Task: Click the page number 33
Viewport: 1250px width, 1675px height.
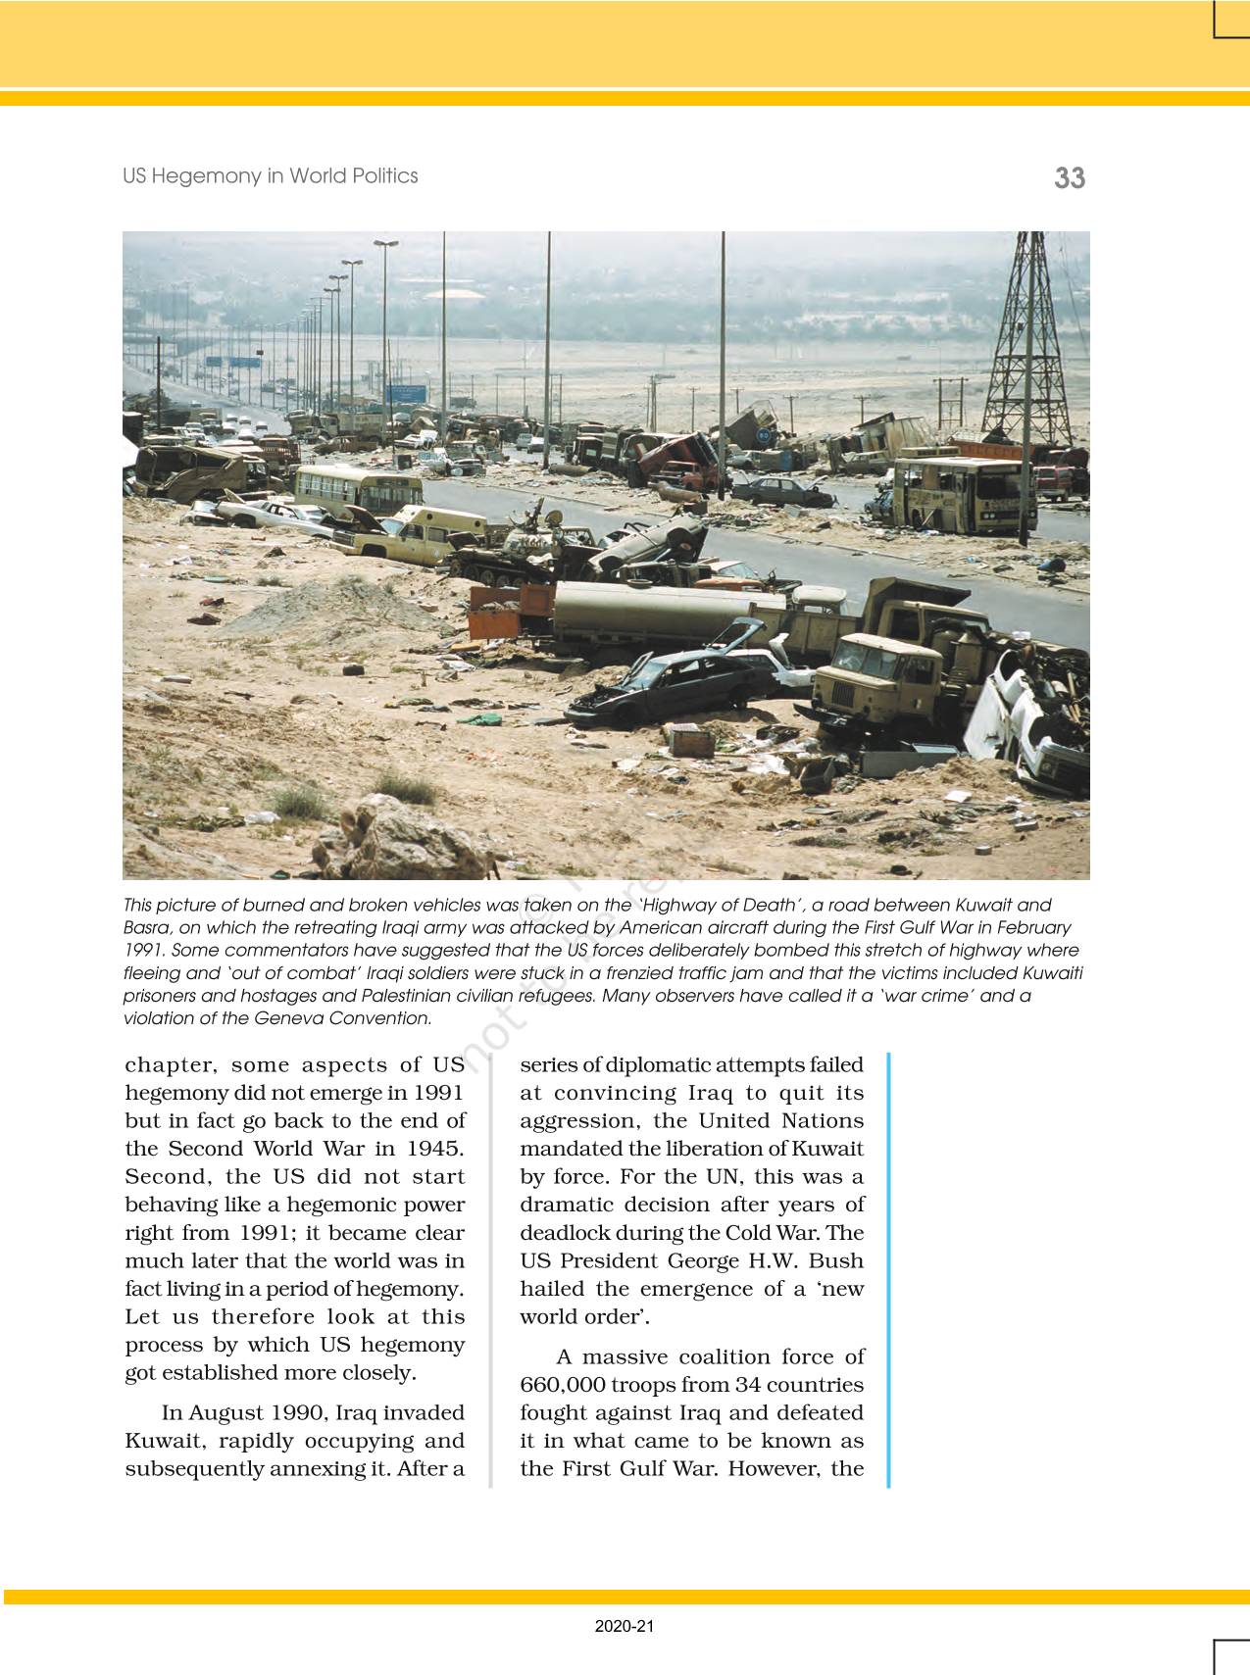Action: tap(1070, 178)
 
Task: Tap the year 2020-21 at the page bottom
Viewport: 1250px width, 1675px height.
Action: tap(624, 1626)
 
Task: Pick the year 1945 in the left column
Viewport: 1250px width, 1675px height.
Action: tap(432, 1148)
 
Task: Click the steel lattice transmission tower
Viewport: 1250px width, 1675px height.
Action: tap(1026, 343)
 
